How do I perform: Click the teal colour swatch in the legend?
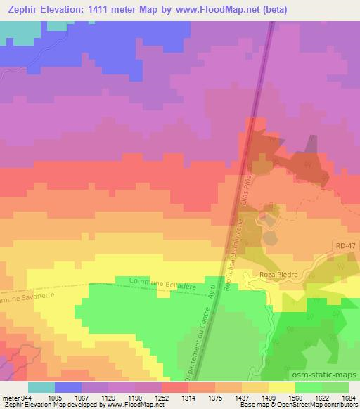[41, 387]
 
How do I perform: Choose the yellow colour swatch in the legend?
[281, 387]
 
